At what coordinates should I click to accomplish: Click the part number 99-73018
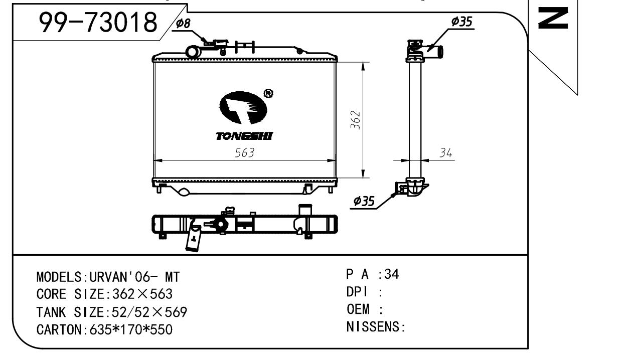click(98, 22)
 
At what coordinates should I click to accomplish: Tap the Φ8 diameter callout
click(183, 24)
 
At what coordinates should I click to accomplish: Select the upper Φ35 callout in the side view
click(462, 22)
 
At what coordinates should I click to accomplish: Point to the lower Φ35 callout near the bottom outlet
click(364, 201)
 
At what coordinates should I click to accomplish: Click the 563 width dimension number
click(244, 152)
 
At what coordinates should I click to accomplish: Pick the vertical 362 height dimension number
click(356, 120)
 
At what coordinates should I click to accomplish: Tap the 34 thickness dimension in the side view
click(445, 153)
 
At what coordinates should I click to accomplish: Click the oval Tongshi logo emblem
click(243, 107)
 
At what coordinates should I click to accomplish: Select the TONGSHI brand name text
click(244, 136)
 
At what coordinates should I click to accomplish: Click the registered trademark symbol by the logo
click(268, 94)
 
